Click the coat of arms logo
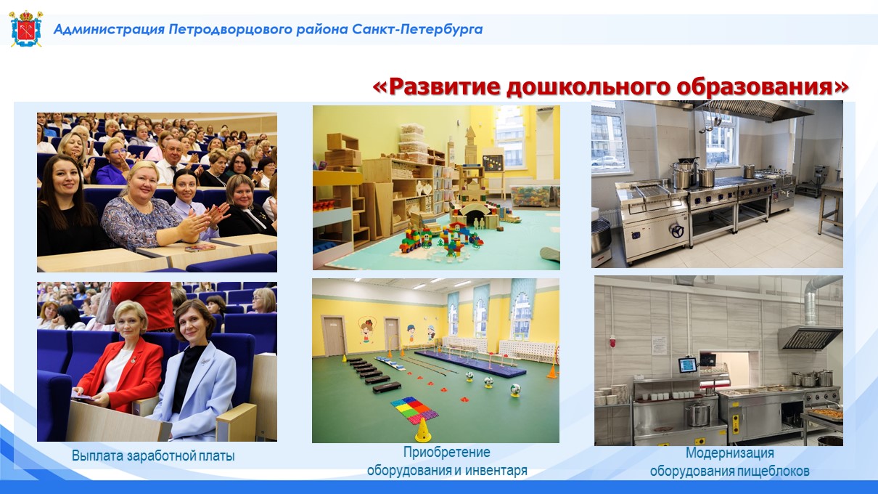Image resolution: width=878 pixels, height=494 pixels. point(26,28)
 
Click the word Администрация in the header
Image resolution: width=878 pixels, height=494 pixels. point(109,30)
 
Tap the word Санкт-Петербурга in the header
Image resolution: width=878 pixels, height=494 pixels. point(417,30)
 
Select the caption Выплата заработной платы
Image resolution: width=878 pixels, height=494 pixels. point(153,456)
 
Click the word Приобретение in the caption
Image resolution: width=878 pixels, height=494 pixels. point(447,452)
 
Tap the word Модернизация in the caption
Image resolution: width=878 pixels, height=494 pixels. point(730,453)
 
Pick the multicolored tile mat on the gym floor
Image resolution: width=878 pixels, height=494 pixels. point(414,410)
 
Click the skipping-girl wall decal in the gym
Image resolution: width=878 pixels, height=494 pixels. point(366,331)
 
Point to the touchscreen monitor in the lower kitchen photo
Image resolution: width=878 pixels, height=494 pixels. point(687,365)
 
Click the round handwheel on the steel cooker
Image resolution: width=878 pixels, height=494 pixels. point(677,231)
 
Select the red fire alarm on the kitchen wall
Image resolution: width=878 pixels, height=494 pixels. point(613,341)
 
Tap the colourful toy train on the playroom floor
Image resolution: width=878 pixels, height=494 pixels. point(416,240)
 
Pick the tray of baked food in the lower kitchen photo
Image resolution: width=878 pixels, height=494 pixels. point(826,413)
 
